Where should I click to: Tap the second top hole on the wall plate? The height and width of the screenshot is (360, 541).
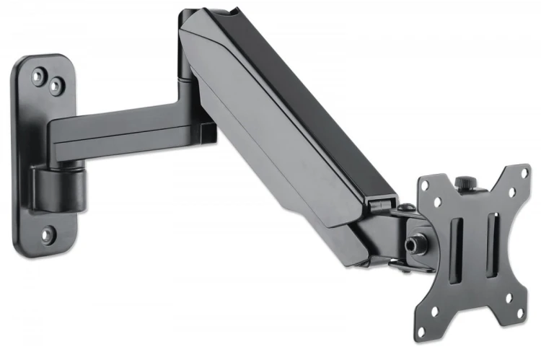coord(54,85)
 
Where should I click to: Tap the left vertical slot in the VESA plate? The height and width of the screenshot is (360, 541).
coord(456,249)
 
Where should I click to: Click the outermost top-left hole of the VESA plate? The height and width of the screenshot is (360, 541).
coord(425,186)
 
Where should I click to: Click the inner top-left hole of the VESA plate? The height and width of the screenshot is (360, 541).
coord(436,202)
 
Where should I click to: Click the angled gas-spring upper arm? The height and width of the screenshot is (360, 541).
coord(289,123)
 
